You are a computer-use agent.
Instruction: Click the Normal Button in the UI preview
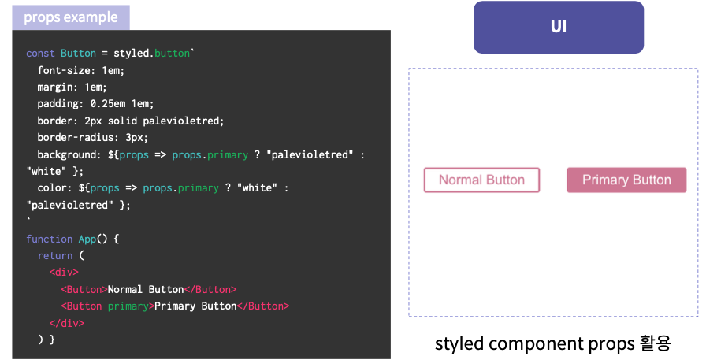click(481, 180)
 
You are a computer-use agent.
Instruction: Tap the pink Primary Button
click(626, 180)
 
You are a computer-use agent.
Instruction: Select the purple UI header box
click(558, 27)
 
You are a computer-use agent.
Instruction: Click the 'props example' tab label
click(71, 17)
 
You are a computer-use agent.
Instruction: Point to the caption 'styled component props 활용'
click(552, 343)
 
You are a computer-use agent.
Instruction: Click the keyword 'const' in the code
click(40, 54)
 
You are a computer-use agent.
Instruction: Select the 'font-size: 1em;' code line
click(80, 70)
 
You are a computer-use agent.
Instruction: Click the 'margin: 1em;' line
click(72, 87)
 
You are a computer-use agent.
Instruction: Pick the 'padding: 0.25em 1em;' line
click(95, 104)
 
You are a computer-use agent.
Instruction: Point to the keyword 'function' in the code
click(49, 239)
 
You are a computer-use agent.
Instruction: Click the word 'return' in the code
click(54, 256)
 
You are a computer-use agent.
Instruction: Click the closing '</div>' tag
click(66, 323)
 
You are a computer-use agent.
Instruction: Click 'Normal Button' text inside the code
click(145, 289)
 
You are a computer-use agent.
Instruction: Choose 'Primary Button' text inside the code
click(195, 306)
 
